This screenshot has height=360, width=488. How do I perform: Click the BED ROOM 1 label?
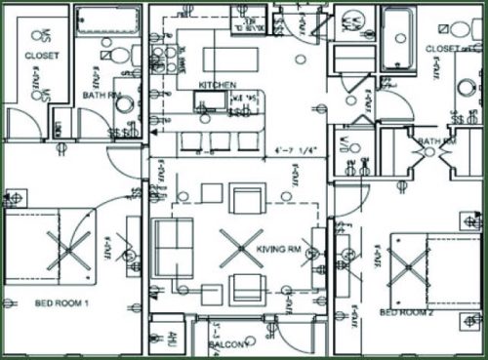61,303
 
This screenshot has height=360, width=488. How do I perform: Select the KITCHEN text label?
217,86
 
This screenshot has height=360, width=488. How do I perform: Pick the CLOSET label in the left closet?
42,57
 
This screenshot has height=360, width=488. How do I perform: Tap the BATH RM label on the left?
102,96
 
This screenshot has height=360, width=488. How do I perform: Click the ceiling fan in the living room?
240,248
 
